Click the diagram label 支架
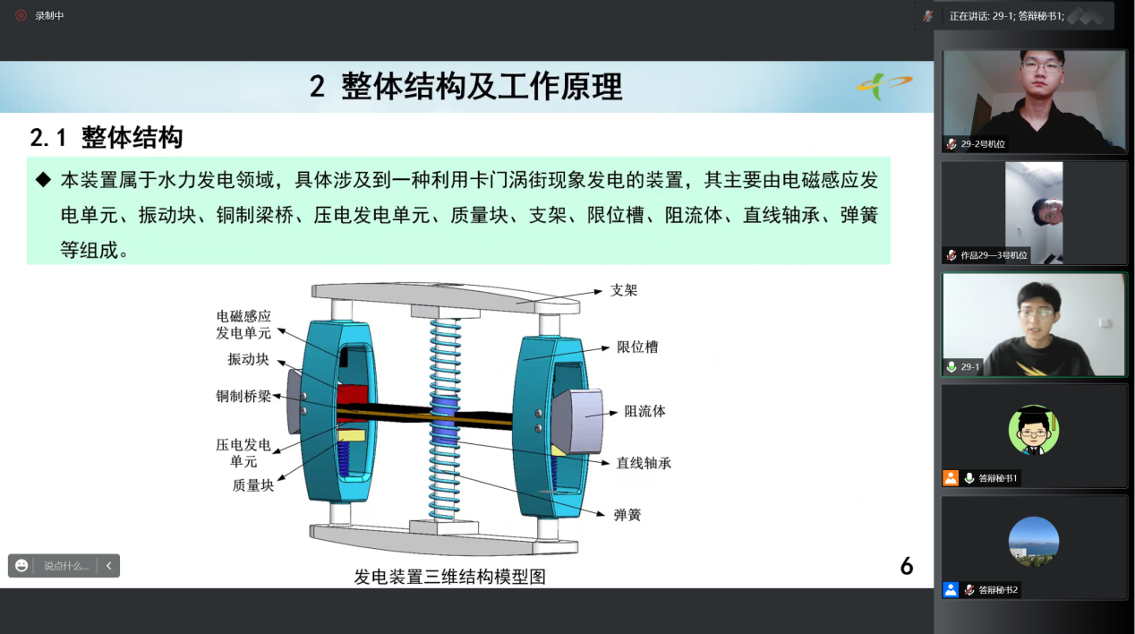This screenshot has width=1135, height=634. coord(624,290)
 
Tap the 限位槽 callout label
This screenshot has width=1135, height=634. coord(637,347)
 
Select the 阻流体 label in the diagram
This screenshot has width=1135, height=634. coord(644,411)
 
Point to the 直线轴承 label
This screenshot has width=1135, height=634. coord(644,463)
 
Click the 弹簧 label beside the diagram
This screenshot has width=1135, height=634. coord(627,515)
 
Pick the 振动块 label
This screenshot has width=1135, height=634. coord(248,359)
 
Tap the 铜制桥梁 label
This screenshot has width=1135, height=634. coord(243,396)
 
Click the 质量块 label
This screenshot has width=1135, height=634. coord(252,485)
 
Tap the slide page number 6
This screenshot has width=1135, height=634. coord(907,566)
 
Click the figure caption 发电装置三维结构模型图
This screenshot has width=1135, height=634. coord(449,577)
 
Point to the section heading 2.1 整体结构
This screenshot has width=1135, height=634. coord(106,137)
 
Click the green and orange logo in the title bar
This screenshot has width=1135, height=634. coord(884,86)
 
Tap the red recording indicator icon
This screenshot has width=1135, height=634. coord(21,16)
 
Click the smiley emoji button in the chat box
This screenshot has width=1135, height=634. coord(21,566)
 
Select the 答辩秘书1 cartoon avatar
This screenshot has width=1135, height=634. coord(1034,430)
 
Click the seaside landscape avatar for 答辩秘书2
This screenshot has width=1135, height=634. coord(1034,541)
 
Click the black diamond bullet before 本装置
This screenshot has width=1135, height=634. coord(44,179)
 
